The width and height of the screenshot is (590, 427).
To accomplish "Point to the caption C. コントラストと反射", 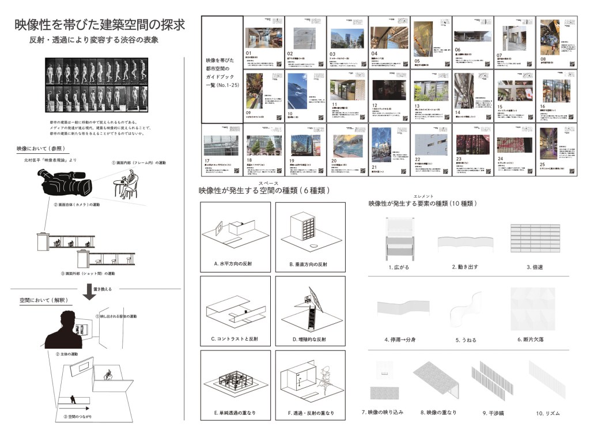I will (x=235, y=339).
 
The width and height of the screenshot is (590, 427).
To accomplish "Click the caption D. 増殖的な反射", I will (x=308, y=339).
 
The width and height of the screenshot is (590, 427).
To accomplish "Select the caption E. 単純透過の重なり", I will (x=235, y=413).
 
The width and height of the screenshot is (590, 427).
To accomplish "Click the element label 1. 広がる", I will (x=398, y=267).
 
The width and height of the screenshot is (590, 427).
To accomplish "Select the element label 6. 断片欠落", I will (x=531, y=339).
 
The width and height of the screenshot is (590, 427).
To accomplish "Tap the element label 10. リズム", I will (x=547, y=413).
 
